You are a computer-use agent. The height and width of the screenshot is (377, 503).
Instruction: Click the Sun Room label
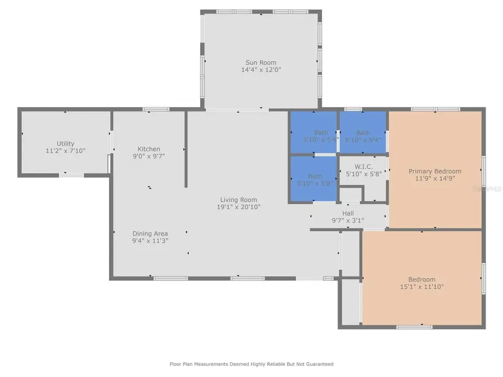pyautogui.click(x=261, y=63)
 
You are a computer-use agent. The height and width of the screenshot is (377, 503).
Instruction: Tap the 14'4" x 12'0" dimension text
pyautogui.click(x=261, y=70)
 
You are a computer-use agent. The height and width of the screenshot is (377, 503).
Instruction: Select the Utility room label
pyautogui.click(x=65, y=144)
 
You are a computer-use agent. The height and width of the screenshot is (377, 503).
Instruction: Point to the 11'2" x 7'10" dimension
pyautogui.click(x=65, y=151)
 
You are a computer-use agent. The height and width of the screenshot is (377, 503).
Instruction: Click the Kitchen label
pyautogui.click(x=149, y=149)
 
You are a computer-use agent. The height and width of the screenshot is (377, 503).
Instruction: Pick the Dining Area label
pyautogui.click(x=150, y=233)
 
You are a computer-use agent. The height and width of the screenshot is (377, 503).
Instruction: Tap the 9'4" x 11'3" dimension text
pyautogui.click(x=150, y=241)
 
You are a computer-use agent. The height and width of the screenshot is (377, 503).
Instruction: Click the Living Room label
pyautogui.click(x=239, y=199)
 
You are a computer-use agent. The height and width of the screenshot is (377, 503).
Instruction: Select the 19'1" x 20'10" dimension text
pyautogui.click(x=239, y=207)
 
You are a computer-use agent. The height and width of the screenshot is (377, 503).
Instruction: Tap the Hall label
pyautogui.click(x=348, y=213)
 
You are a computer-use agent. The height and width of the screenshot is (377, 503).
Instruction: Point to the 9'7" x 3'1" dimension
pyautogui.click(x=348, y=221)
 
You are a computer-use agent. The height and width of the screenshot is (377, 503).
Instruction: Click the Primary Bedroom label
pyautogui.click(x=435, y=171)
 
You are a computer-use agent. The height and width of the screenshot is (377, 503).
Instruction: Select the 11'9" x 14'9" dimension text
pyautogui.click(x=435, y=179)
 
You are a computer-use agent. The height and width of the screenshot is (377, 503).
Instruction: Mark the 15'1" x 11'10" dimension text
pyautogui.click(x=421, y=287)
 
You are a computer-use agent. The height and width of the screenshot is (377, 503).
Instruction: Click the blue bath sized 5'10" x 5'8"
pyautogui.click(x=313, y=179)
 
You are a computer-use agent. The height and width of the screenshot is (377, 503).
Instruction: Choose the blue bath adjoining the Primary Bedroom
pyautogui.click(x=363, y=136)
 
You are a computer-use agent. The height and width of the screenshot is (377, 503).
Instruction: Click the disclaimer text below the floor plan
pyautogui.click(x=251, y=364)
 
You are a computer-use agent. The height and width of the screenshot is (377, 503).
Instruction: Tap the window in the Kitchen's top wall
pyautogui.click(x=156, y=109)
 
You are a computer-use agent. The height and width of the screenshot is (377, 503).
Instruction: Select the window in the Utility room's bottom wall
pyautogui.click(x=72, y=175)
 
